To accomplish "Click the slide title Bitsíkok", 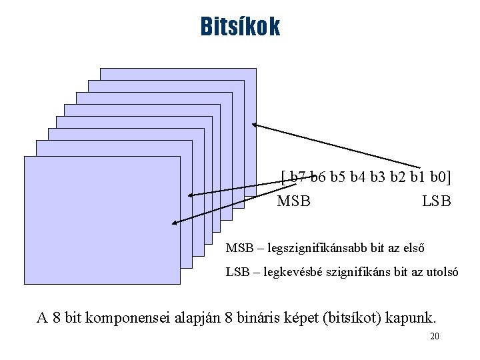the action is point(240,27).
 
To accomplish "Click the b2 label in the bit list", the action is point(397,177).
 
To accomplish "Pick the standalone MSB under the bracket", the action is point(293,201).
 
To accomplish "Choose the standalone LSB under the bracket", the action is point(437,201).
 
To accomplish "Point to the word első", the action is point(411,248).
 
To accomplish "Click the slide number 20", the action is point(434,337).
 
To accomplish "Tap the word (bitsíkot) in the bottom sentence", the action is point(362,317).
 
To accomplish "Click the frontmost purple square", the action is point(100,220).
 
